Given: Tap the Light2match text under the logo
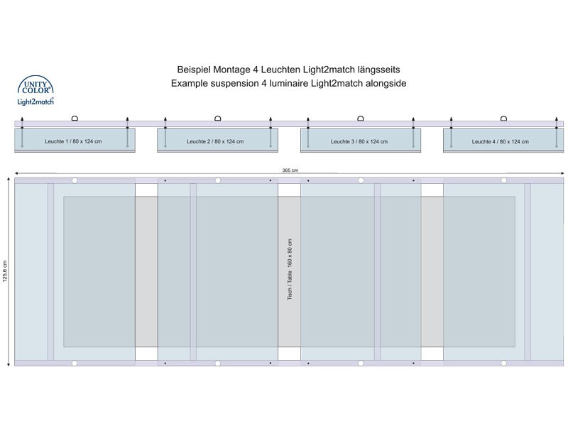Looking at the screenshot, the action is pos(35,102).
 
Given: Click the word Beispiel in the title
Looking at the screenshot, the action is pos(194,70).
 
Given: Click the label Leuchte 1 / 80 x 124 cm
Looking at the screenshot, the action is pos(73,141).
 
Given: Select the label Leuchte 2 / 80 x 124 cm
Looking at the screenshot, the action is pos(215,141).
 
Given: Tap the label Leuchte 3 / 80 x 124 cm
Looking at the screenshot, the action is pos(359,141).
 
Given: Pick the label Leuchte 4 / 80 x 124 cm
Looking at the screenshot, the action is pos(501,141).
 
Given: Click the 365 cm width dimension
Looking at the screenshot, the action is pos(290,170).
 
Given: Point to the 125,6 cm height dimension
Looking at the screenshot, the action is pos(5,271).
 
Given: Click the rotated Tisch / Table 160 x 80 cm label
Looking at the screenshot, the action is pos(290,269).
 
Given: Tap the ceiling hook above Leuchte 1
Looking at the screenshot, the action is pos(75,118).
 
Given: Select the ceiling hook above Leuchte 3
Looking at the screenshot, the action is pos(361,118).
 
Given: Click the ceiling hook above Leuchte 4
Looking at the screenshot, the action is pos(503,118).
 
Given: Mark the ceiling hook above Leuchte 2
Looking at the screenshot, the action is pos(218,118).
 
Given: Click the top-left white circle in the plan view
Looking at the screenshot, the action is pos(75,180).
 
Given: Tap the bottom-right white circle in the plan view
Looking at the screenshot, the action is pos(503,363).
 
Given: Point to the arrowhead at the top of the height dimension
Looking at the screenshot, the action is pos(9,179).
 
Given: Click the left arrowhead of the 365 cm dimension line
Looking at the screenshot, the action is pos(16,173).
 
